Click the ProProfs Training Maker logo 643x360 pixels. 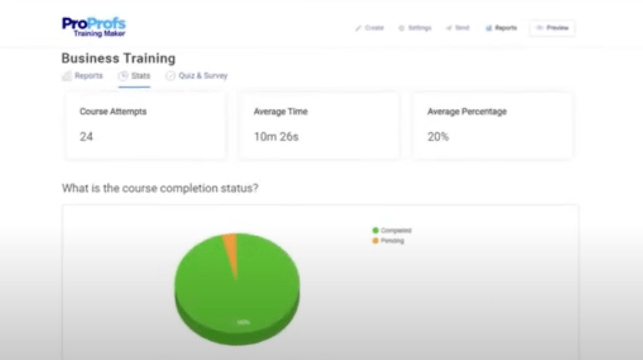click(x=94, y=27)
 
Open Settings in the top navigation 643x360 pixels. click(x=415, y=28)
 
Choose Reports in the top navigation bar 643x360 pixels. click(x=501, y=28)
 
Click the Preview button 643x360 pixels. click(x=552, y=28)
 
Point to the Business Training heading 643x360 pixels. click(x=118, y=58)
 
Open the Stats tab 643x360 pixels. click(x=134, y=76)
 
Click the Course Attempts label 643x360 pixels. click(x=113, y=112)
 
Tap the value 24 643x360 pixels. click(x=86, y=136)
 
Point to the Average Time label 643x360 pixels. click(x=280, y=112)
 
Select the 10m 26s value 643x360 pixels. click(x=276, y=136)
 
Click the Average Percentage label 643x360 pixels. click(x=467, y=112)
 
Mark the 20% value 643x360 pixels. click(x=438, y=136)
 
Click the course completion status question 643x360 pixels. click(x=159, y=188)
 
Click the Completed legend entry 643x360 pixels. click(x=392, y=231)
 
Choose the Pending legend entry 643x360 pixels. click(x=389, y=241)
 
